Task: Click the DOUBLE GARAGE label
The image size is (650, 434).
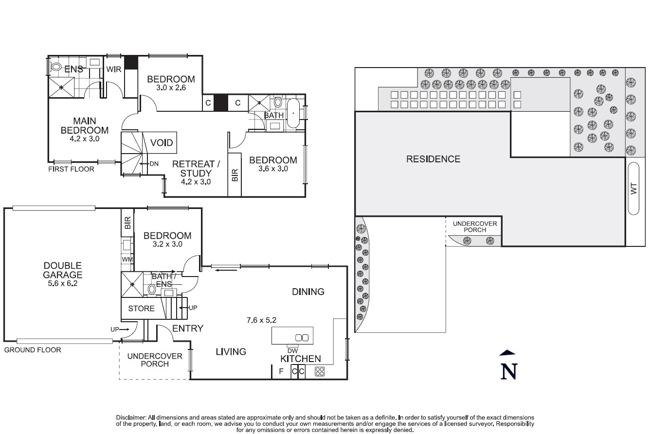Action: (x=62, y=270)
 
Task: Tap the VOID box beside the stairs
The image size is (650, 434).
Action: (x=161, y=143)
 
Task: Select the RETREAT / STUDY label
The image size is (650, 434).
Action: (x=196, y=169)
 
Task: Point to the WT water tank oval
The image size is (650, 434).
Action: (x=633, y=189)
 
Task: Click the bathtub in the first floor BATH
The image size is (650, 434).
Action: (x=293, y=113)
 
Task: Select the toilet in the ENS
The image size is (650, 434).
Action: (x=56, y=68)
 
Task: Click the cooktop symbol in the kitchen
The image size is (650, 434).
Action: (x=320, y=372)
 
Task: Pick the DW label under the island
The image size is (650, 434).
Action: (x=293, y=350)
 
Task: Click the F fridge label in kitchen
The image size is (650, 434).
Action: (x=281, y=372)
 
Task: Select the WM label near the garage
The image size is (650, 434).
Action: (x=127, y=260)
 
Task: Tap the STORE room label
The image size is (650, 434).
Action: (x=141, y=308)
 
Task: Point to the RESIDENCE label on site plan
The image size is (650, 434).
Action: (x=433, y=159)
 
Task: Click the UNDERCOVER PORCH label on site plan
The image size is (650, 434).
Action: (x=475, y=226)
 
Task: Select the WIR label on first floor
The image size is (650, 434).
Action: (x=113, y=69)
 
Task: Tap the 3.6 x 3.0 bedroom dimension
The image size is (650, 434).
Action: (x=273, y=169)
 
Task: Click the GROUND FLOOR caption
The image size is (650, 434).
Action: (x=33, y=350)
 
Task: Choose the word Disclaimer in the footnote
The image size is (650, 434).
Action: (x=131, y=417)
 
